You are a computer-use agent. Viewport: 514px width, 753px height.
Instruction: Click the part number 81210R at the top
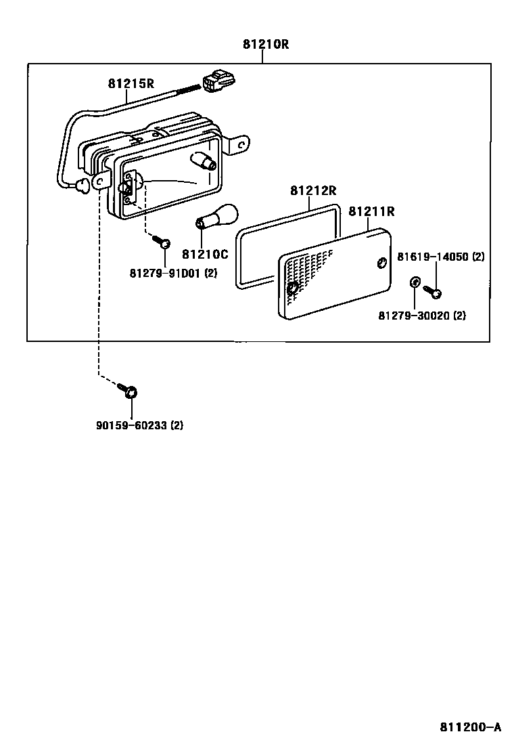(266, 45)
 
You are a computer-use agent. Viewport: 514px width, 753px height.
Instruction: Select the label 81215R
(131, 84)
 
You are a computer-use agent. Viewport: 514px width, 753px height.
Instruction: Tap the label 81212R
(314, 190)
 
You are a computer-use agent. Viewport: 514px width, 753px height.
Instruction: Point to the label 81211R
(371, 211)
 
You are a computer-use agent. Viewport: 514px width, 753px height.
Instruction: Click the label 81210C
(205, 254)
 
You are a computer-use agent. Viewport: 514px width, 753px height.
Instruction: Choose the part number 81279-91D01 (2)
(173, 273)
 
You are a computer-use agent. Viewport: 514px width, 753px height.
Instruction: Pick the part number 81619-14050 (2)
(440, 257)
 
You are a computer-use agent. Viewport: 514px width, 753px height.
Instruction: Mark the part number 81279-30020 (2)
(421, 316)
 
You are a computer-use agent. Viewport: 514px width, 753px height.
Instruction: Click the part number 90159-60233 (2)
(139, 425)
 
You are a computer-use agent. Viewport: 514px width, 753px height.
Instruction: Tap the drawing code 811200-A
(470, 727)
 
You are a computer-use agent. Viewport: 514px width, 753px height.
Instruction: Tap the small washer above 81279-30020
(413, 282)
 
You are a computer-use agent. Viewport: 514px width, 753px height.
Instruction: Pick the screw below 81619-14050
(434, 292)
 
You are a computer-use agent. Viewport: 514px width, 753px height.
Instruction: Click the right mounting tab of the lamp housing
(239, 144)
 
